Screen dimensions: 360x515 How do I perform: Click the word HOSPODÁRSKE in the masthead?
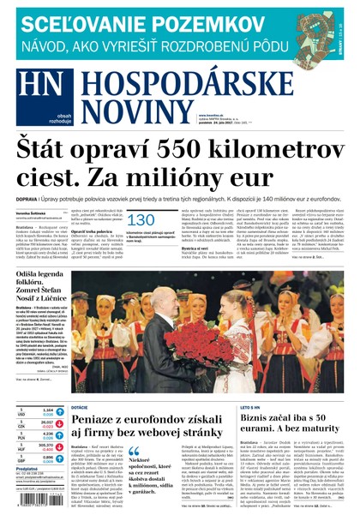point(205,83)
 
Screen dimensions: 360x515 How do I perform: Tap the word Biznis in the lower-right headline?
point(261,417)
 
